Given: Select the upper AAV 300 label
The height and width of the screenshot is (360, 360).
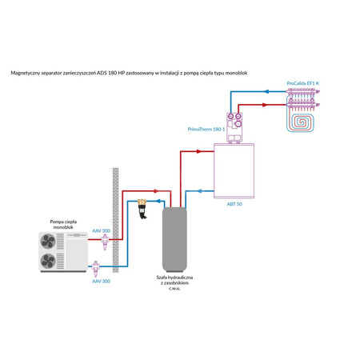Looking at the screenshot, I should (x=102, y=230).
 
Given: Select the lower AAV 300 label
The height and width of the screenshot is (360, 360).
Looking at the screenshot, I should (x=102, y=282).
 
